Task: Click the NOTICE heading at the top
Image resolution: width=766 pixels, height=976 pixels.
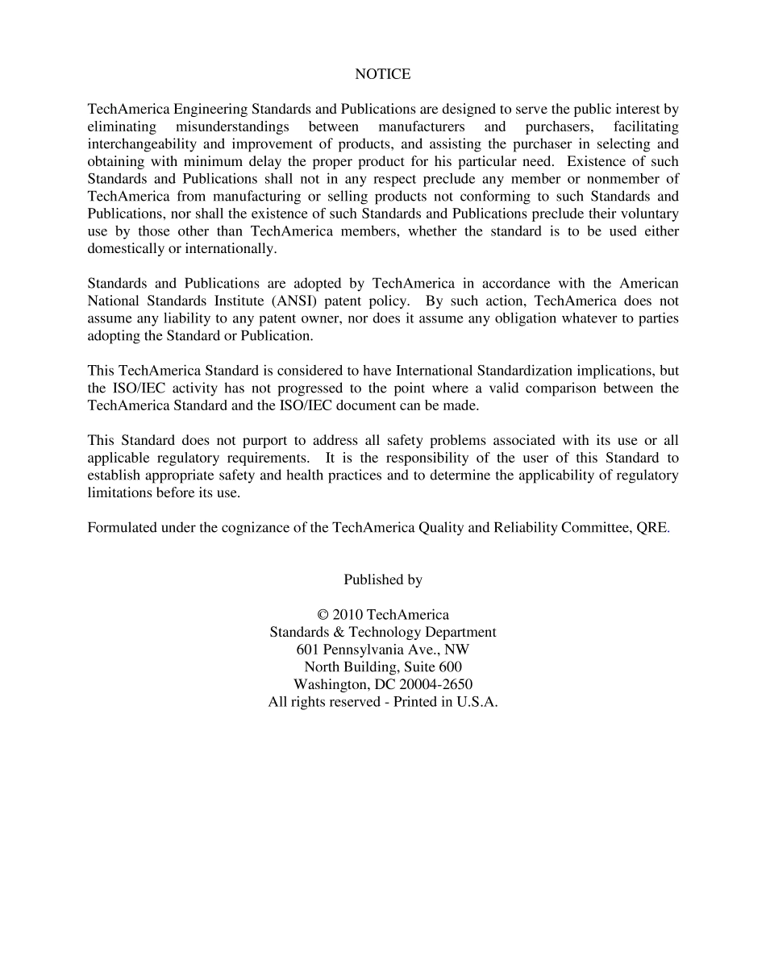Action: click(x=382, y=74)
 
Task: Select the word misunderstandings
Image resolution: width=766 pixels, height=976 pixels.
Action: click(x=233, y=127)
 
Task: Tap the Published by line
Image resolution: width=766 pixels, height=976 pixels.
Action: click(x=382, y=579)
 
